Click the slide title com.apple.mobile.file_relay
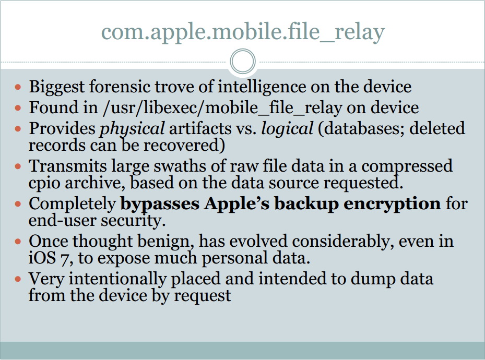[243, 32]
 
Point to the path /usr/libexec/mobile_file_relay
[222, 108]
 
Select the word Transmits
[67, 166]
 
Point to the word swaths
[180, 166]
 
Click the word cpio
[44, 184]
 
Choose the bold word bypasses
[160, 205]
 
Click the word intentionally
[117, 279]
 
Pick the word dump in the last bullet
[373, 280]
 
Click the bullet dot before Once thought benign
[18, 242]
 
